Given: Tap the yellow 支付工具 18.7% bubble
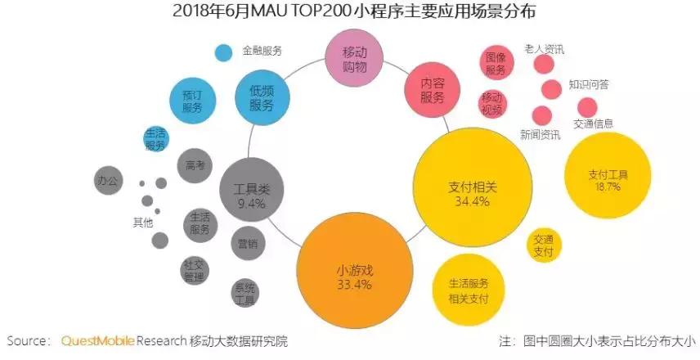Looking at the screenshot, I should tap(608, 179).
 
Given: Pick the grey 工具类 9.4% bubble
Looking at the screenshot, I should tap(252, 194).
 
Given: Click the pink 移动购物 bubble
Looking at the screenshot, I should tap(354, 57).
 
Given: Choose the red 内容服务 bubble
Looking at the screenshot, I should tap(433, 90).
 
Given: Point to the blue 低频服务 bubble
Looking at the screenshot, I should tap(262, 98).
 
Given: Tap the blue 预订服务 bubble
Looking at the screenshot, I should tap(192, 101).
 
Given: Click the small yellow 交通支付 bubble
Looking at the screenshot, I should tap(544, 245).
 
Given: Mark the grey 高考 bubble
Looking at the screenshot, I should tap(195, 165).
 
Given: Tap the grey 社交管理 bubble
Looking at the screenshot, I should tap(195, 270).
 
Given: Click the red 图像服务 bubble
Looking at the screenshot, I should tap(496, 64).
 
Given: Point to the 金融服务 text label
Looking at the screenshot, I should tap(262, 51).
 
